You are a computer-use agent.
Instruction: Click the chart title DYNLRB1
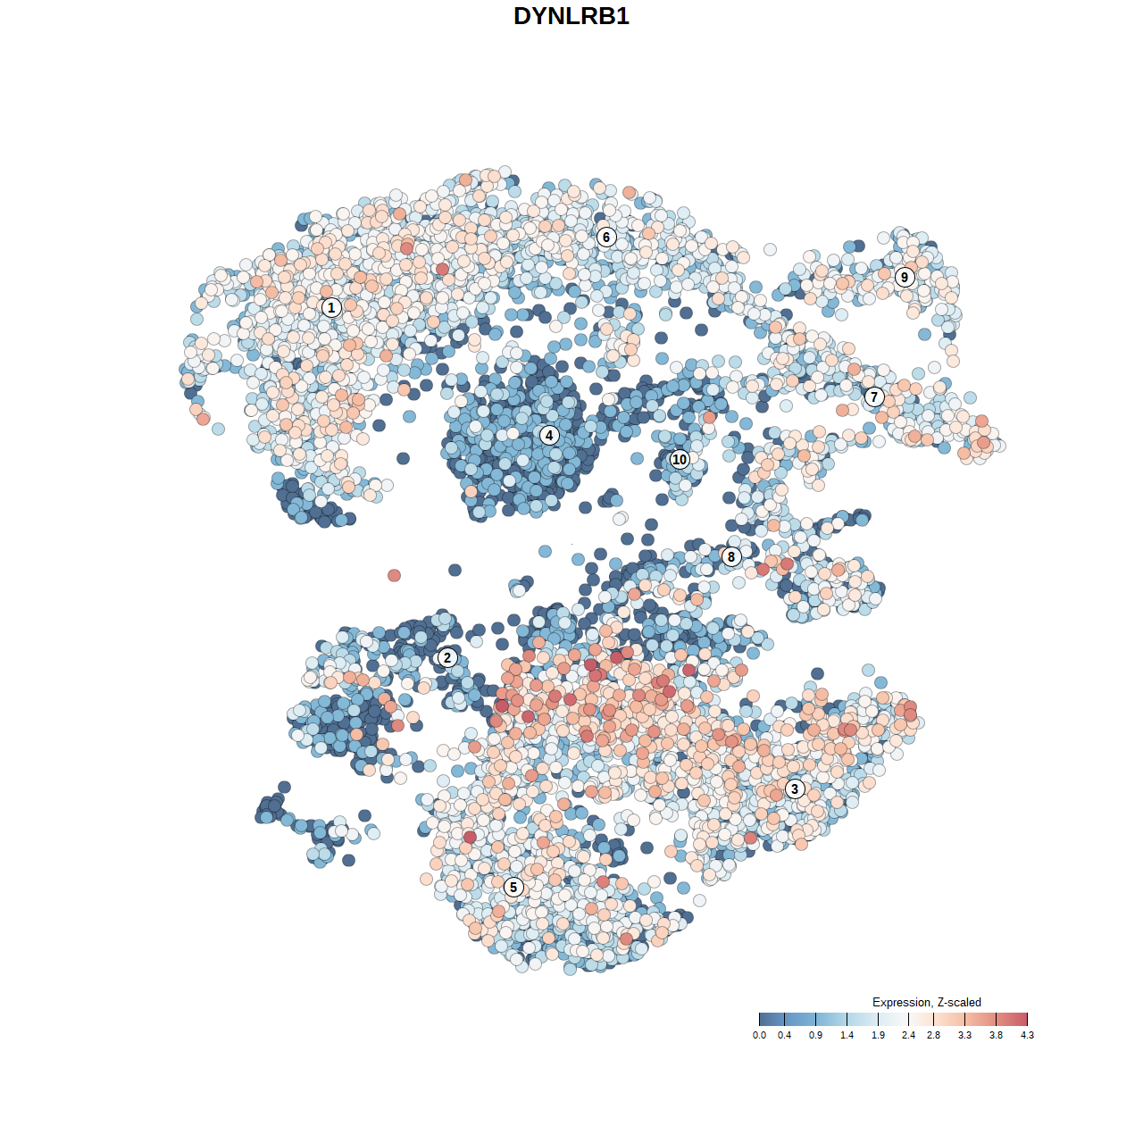point(571,16)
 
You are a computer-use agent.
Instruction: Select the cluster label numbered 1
point(331,307)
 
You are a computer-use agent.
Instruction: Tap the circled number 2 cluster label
point(447,658)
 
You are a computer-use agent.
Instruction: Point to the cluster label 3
point(795,788)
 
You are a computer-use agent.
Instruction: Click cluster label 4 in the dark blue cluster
point(549,435)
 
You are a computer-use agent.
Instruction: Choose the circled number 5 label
point(513,887)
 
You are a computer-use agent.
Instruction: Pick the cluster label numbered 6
point(606,237)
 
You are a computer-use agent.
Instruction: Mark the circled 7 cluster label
point(874,396)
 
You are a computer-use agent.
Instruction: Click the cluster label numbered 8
point(731,556)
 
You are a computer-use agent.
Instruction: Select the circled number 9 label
point(905,277)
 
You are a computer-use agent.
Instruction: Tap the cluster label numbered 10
point(680,459)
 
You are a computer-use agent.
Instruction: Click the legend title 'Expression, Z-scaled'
point(927,1002)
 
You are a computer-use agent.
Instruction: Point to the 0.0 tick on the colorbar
point(759,1035)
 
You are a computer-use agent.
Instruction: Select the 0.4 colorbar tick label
point(785,1035)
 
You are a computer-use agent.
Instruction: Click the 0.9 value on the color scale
point(816,1035)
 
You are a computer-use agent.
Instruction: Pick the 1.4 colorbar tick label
point(847,1035)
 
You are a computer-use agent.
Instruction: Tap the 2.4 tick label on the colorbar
point(909,1035)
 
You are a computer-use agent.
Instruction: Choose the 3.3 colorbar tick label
point(965,1035)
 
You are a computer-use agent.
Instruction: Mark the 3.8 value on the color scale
point(997,1035)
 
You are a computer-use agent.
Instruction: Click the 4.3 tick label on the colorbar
point(1028,1035)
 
